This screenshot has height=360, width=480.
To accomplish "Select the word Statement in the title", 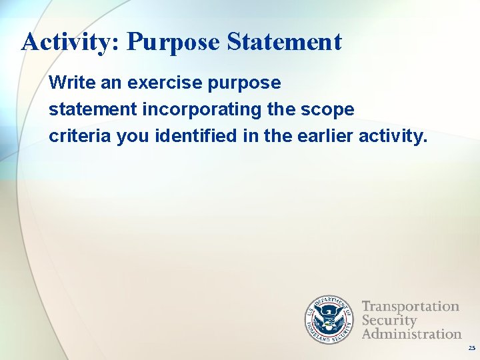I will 284,42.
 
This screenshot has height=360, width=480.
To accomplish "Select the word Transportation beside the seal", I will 411,307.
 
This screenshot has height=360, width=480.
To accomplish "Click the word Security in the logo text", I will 389,320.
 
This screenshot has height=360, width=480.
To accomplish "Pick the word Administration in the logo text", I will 412,333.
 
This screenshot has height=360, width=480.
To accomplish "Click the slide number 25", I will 472,348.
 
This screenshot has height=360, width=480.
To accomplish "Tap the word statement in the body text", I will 92,110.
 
